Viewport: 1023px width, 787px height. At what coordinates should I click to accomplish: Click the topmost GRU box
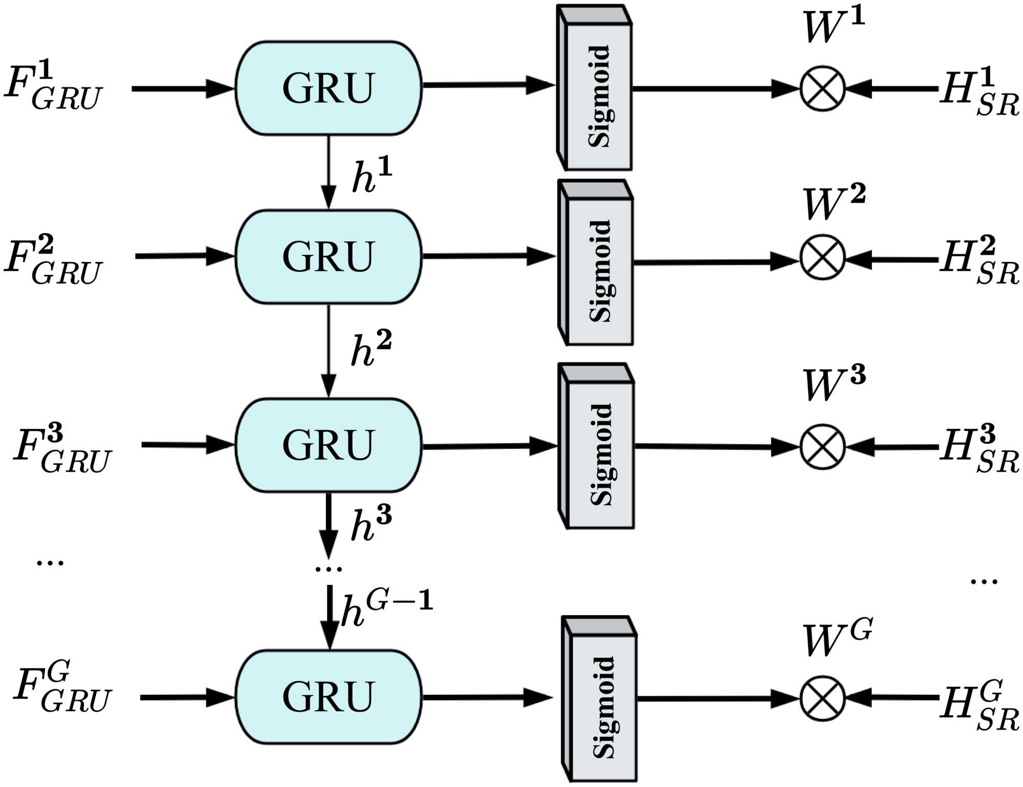click(x=328, y=88)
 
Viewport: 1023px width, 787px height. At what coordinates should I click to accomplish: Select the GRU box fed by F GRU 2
click(x=328, y=256)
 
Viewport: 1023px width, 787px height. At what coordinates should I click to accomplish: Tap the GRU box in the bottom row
click(x=328, y=696)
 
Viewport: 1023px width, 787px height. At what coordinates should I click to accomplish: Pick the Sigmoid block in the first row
click(x=595, y=88)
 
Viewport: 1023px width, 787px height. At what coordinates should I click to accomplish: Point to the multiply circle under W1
click(x=822, y=88)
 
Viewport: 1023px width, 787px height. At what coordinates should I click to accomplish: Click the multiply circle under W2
click(x=822, y=257)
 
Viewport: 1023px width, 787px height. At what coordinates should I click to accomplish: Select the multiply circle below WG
click(x=822, y=698)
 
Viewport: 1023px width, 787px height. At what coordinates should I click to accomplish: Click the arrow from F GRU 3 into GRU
click(x=187, y=445)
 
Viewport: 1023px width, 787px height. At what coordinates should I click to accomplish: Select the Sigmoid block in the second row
click(x=596, y=263)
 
